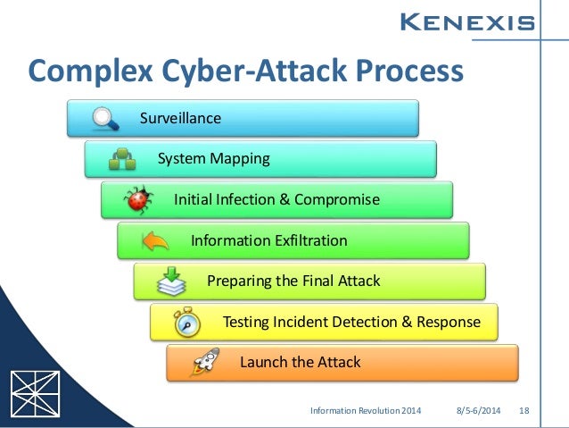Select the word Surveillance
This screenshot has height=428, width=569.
point(180,118)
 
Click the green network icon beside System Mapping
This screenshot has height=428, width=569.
point(122,159)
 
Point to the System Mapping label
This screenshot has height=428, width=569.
point(213,159)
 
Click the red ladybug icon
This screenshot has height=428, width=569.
point(138,199)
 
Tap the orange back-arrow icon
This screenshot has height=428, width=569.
point(155,240)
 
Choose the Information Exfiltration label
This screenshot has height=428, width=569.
point(268,240)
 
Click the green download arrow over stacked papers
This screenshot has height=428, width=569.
point(171,282)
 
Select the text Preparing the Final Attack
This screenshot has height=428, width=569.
point(293,281)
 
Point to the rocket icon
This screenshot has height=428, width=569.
point(204,363)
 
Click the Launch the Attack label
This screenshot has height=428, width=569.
point(300,362)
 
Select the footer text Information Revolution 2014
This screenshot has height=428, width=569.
point(366,410)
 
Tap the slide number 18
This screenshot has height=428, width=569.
point(524,410)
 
